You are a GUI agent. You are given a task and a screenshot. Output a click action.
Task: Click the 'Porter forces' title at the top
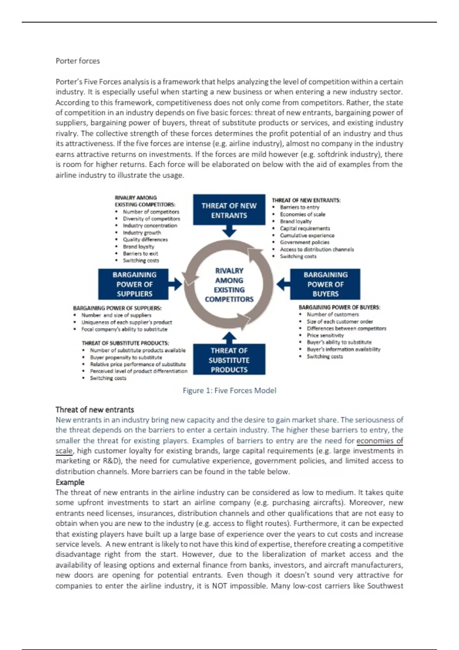(78, 61)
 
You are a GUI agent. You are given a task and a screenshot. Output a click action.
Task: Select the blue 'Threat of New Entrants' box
(229, 210)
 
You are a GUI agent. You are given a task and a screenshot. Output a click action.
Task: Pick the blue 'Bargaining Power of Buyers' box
(325, 284)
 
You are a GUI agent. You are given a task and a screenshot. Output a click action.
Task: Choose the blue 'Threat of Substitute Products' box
(229, 360)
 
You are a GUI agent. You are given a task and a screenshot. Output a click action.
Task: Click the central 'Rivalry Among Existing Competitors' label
(229, 285)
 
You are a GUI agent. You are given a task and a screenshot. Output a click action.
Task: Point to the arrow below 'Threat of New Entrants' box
(229, 231)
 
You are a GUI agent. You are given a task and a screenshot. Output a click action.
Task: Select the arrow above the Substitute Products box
(229, 338)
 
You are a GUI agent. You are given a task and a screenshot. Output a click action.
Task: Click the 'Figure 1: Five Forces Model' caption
(229, 390)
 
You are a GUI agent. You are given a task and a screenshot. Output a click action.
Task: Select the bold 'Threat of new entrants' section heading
(95, 409)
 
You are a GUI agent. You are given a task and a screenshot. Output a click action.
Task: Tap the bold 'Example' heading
(70, 482)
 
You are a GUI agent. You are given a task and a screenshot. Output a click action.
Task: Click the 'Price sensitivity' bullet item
(325, 335)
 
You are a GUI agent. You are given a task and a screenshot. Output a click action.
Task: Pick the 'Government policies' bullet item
(304, 242)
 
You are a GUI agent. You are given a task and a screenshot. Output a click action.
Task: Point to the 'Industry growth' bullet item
(142, 232)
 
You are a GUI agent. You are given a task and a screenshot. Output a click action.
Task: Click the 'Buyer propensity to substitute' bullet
(126, 357)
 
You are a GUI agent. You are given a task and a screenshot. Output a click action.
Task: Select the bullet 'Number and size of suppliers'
(116, 315)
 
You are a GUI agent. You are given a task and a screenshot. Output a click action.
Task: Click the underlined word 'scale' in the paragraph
(64, 451)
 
